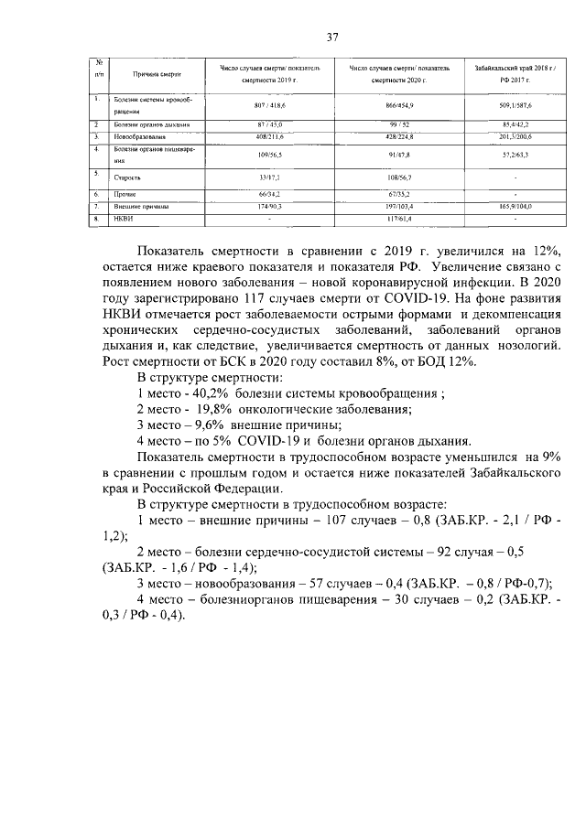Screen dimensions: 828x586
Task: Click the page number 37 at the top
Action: click(x=333, y=38)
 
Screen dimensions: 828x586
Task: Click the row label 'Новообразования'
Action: click(x=139, y=136)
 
